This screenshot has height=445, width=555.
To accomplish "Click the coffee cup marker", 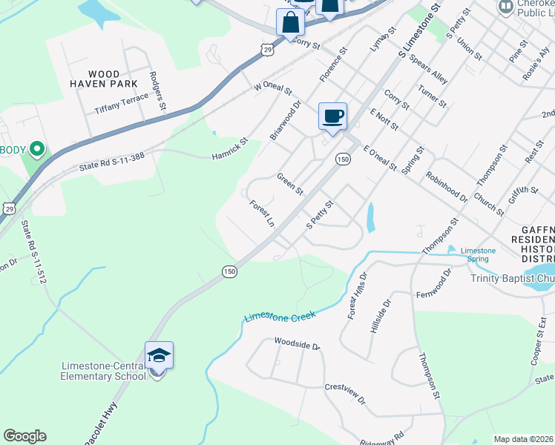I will point(332,116).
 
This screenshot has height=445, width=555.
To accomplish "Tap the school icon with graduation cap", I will point(158,357).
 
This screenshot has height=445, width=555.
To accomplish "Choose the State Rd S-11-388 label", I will point(111,163).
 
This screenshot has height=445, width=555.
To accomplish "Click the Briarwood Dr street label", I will point(286,121).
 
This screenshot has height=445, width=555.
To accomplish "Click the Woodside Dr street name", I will point(297,345).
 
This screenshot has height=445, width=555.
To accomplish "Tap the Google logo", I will point(24,436).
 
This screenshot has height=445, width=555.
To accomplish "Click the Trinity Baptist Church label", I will point(513,279).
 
